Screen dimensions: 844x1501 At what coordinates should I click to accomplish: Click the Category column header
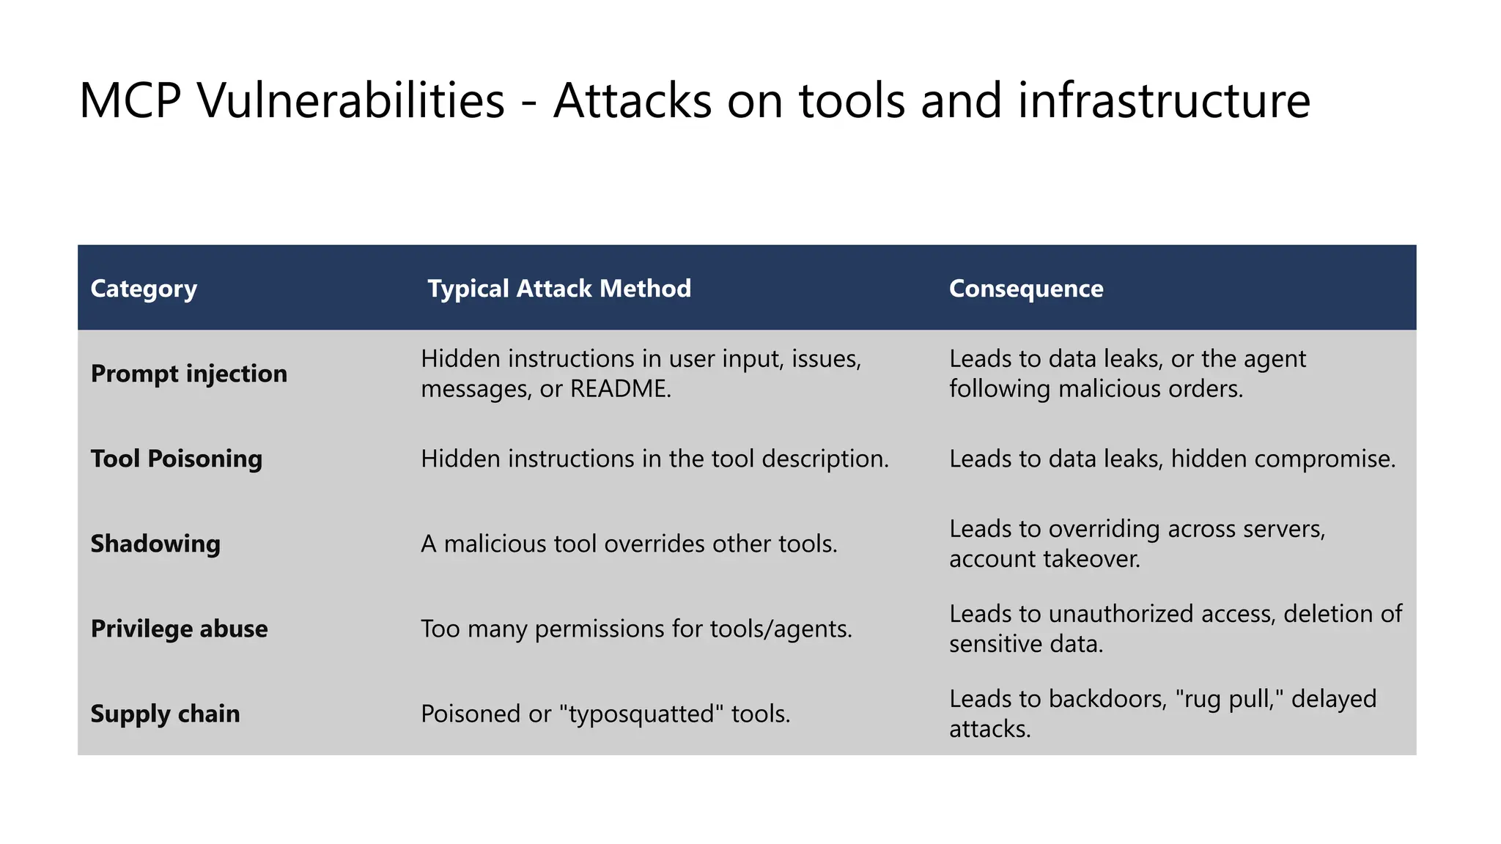[x=144, y=289]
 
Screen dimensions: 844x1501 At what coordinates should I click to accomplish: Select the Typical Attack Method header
[x=559, y=289]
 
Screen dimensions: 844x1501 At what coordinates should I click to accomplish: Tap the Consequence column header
[x=1025, y=289]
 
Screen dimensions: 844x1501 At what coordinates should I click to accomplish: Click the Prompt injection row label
[x=188, y=374]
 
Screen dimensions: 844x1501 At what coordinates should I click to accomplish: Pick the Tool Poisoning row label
[x=176, y=459]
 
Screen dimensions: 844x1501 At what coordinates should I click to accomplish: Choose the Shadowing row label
[x=155, y=544]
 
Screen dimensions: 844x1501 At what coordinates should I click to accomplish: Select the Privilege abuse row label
[x=179, y=629]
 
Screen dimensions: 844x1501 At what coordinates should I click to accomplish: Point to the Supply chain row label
[x=165, y=714]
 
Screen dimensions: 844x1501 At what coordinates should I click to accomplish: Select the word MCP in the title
[x=130, y=100]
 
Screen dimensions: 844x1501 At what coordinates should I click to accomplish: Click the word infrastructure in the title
[x=1163, y=100]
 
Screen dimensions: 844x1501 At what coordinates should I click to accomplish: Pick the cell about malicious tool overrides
[x=629, y=544]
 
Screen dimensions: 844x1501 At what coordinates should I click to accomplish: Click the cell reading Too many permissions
[x=636, y=629]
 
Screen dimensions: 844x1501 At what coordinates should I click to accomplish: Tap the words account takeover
[x=1044, y=559]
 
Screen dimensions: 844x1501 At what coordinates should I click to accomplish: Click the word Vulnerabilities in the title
[x=351, y=100]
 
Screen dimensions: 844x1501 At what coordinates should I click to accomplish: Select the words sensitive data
[x=1025, y=644]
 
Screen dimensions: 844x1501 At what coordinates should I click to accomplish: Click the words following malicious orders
[x=1096, y=389]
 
